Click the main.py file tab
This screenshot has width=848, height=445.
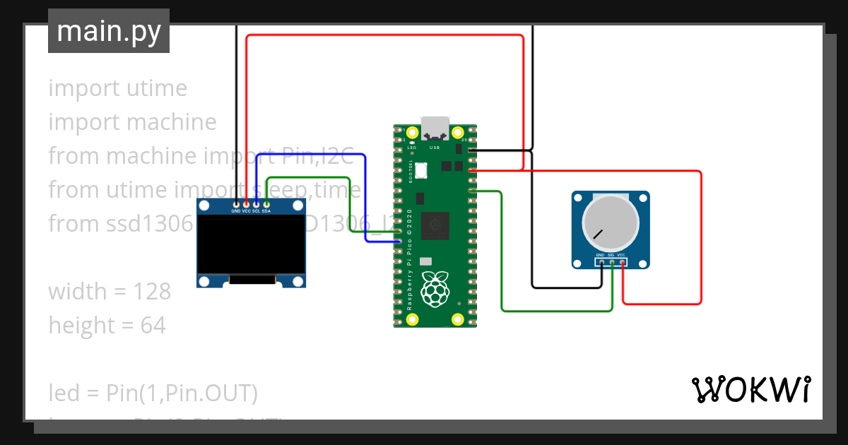coord(108,31)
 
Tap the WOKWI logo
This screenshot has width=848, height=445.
coord(750,389)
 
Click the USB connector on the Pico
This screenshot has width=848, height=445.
coord(435,127)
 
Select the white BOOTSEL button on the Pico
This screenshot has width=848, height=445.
coord(423,170)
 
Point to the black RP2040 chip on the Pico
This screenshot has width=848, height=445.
coord(435,225)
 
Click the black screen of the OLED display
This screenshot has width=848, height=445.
coord(251,243)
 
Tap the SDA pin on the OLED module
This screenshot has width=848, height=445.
coord(266,204)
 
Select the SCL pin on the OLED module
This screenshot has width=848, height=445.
coord(256,204)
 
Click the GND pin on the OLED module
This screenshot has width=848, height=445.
coord(236,204)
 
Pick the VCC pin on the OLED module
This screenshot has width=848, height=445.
coord(246,204)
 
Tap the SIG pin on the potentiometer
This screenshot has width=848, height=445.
coord(611,262)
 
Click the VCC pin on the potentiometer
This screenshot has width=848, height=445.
coord(622,262)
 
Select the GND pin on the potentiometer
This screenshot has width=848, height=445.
coord(600,262)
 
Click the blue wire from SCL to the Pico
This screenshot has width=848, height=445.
coord(365,198)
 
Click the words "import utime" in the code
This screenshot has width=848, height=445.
coord(117,88)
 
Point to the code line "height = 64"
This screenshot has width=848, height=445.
coord(107,326)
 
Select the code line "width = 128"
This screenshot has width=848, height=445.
coord(110,292)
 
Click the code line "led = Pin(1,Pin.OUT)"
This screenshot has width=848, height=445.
coord(153,393)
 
